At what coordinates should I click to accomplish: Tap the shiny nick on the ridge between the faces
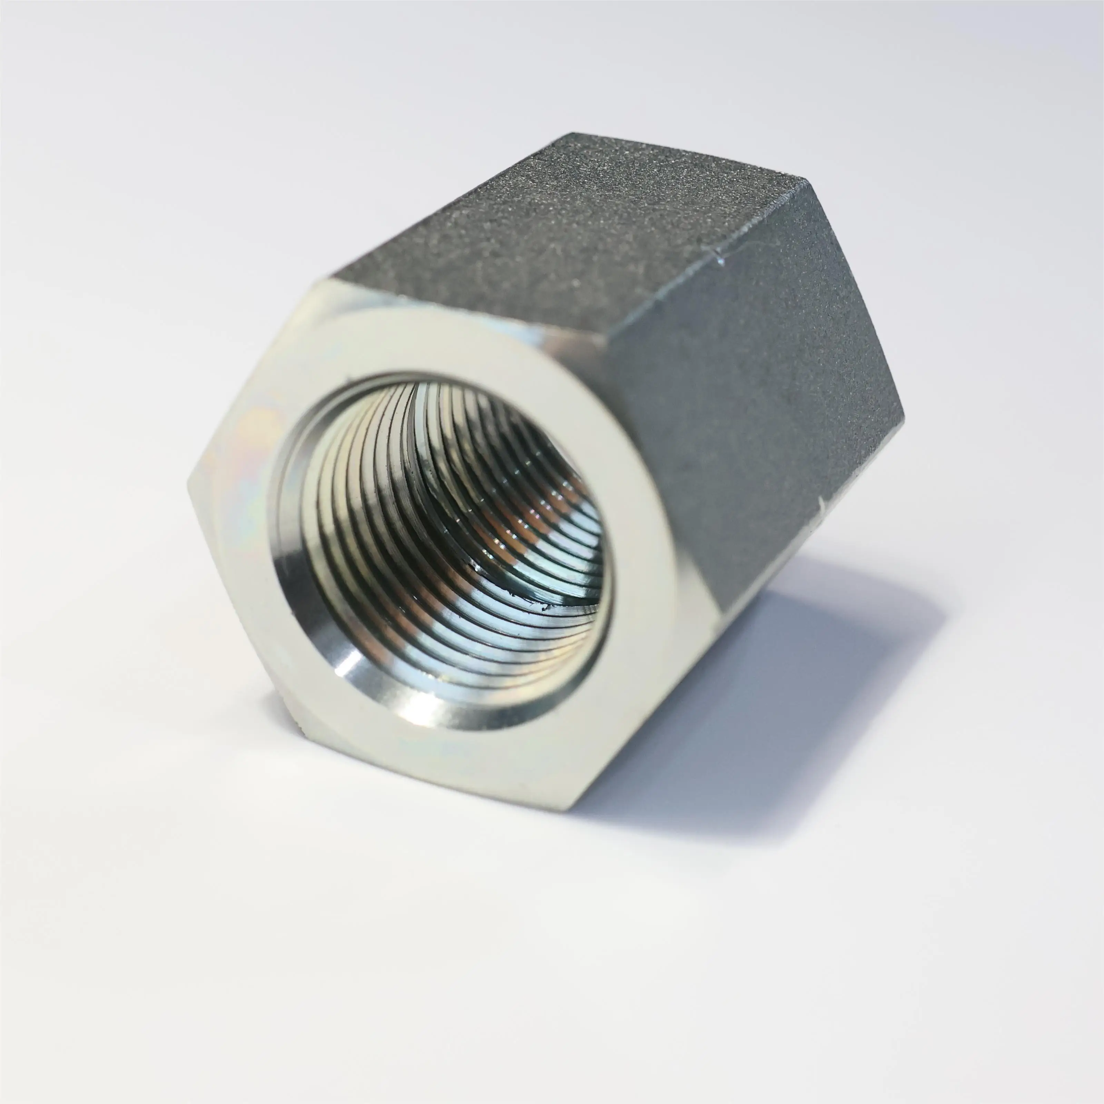tap(721, 260)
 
